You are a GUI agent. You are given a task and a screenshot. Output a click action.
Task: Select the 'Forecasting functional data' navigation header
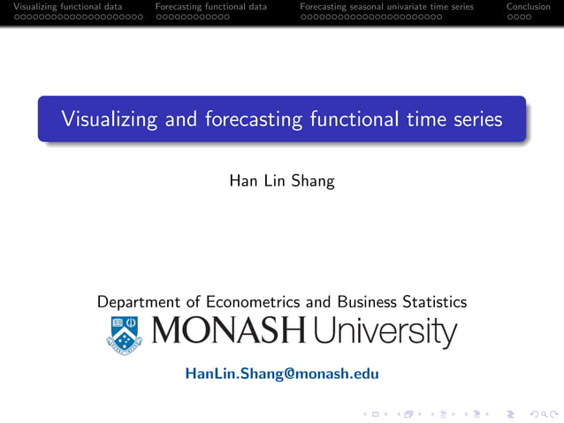(210, 7)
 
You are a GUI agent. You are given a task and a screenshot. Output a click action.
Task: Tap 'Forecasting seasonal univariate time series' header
(386, 7)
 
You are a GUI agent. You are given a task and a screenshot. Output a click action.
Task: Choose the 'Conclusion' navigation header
(528, 7)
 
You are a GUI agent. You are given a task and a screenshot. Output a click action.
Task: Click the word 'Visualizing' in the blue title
(103, 119)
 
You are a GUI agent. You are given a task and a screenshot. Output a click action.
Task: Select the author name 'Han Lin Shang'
(281, 181)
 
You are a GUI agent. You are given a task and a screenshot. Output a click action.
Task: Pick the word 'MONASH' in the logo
(229, 332)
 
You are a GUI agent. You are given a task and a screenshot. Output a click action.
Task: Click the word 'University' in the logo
(385, 333)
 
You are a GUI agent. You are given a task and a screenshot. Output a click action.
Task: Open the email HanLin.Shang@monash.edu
(281, 374)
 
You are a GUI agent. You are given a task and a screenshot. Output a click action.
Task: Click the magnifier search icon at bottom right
(536, 412)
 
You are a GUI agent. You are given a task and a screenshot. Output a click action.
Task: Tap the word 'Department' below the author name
(141, 302)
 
